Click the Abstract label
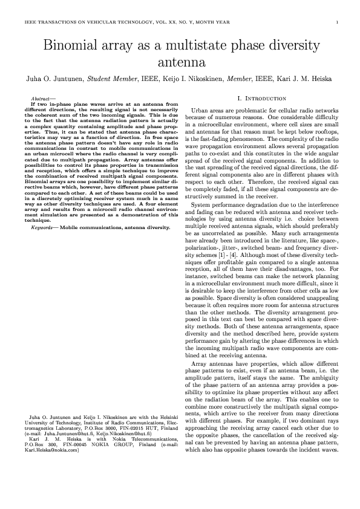coord(42,98)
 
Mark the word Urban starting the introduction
coord(199,111)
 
